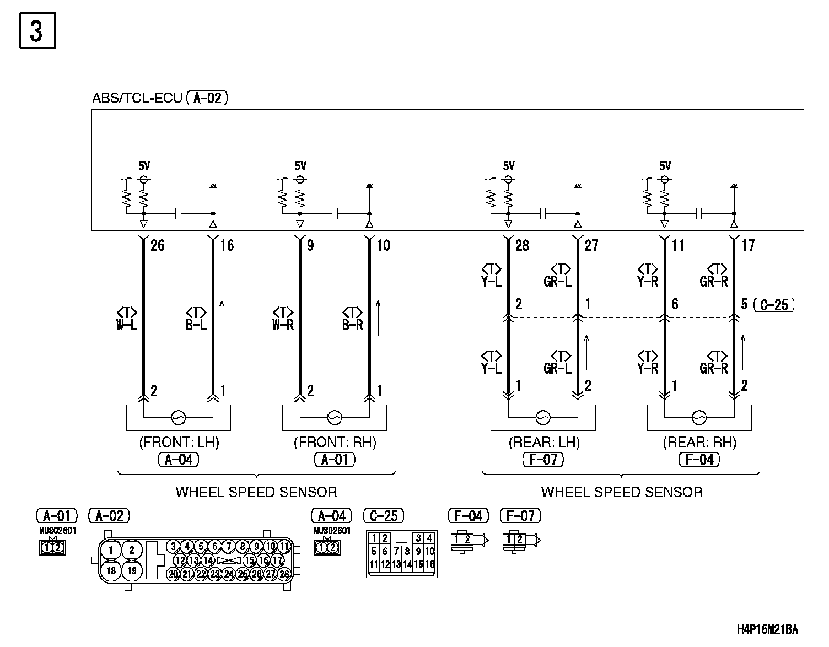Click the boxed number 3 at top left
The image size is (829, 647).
[x=37, y=31]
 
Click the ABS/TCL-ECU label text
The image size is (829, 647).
[x=137, y=99]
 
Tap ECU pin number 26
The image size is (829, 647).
[x=158, y=246]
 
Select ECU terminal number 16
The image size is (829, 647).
[x=227, y=246]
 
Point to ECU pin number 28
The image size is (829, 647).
[x=521, y=246]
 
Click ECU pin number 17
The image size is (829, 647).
[x=747, y=246]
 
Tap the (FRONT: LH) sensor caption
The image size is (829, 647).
[x=179, y=443]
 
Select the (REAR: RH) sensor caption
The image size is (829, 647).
[x=699, y=443]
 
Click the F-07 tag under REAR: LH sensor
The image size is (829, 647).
[x=543, y=459]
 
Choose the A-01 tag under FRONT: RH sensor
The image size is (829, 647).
[x=335, y=459]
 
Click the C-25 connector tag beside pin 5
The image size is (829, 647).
[x=774, y=305]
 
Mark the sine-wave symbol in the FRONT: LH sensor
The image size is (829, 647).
[x=179, y=418]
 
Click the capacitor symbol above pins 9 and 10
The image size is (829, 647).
[x=335, y=213]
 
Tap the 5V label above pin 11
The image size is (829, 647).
[x=665, y=166]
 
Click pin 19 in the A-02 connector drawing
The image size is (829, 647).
[x=131, y=570]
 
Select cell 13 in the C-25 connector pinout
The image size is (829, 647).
[x=396, y=564]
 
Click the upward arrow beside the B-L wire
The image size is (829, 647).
[x=222, y=317]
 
